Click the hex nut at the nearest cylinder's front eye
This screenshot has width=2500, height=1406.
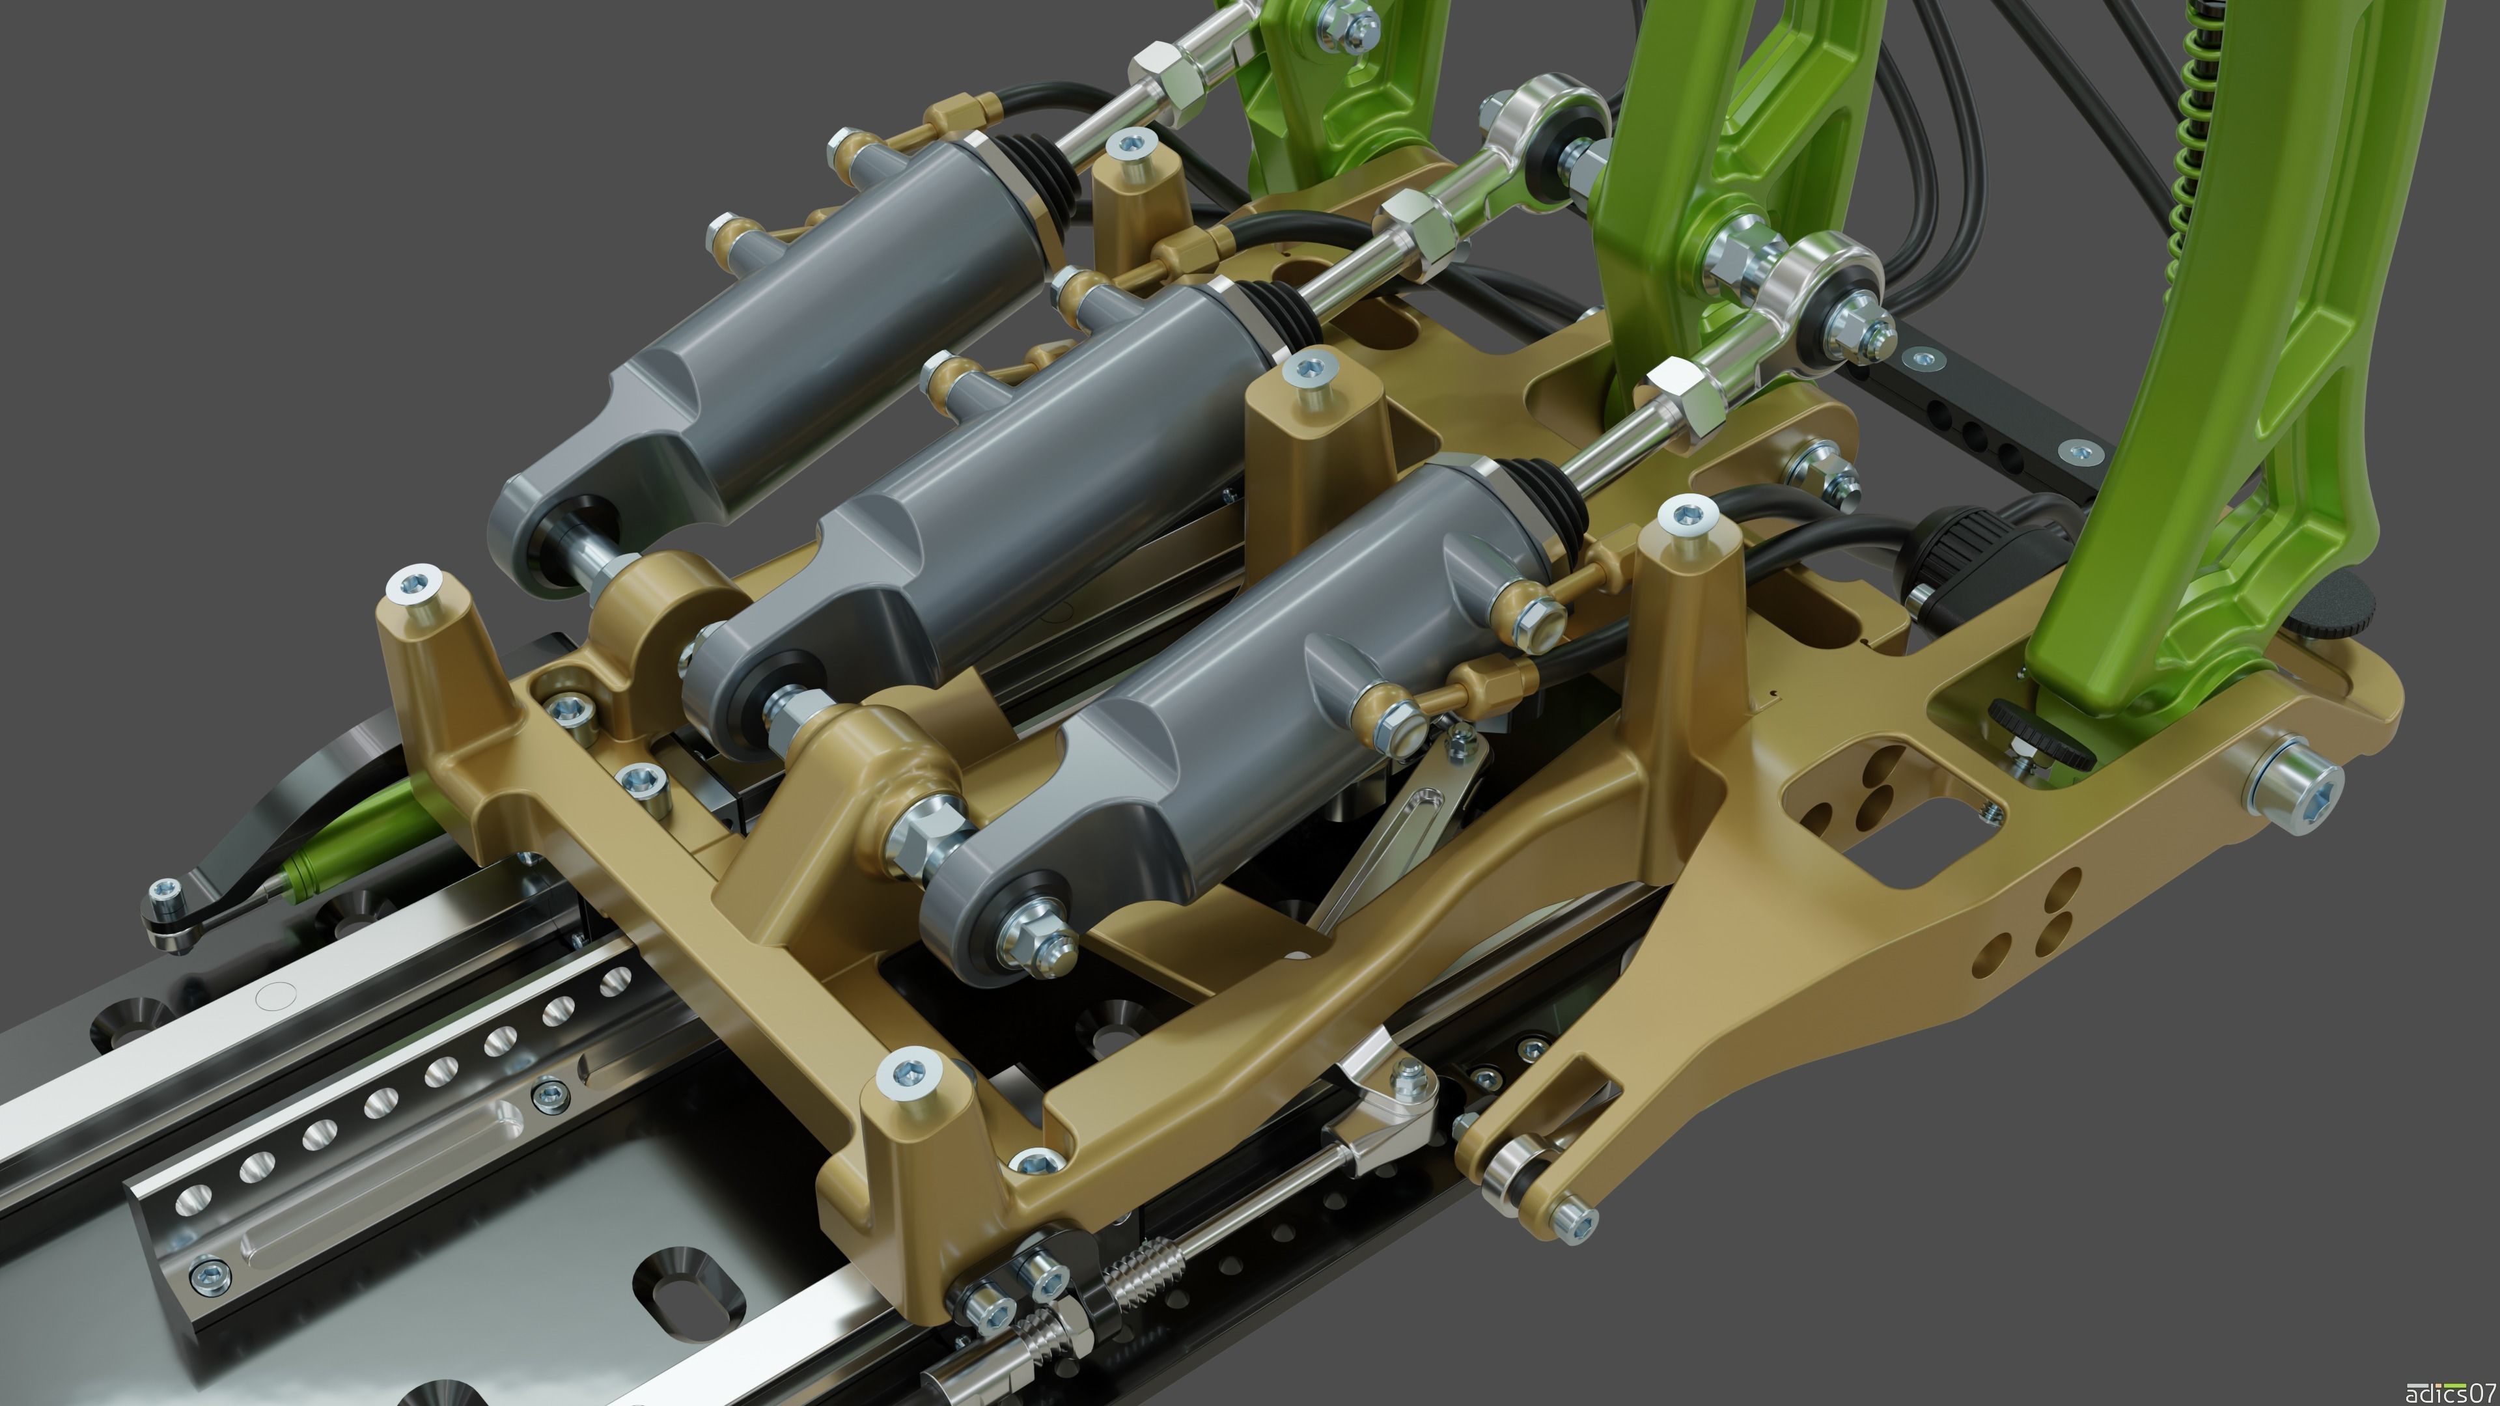(x=1036, y=940)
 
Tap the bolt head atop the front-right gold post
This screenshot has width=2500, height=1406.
(x=908, y=1071)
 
